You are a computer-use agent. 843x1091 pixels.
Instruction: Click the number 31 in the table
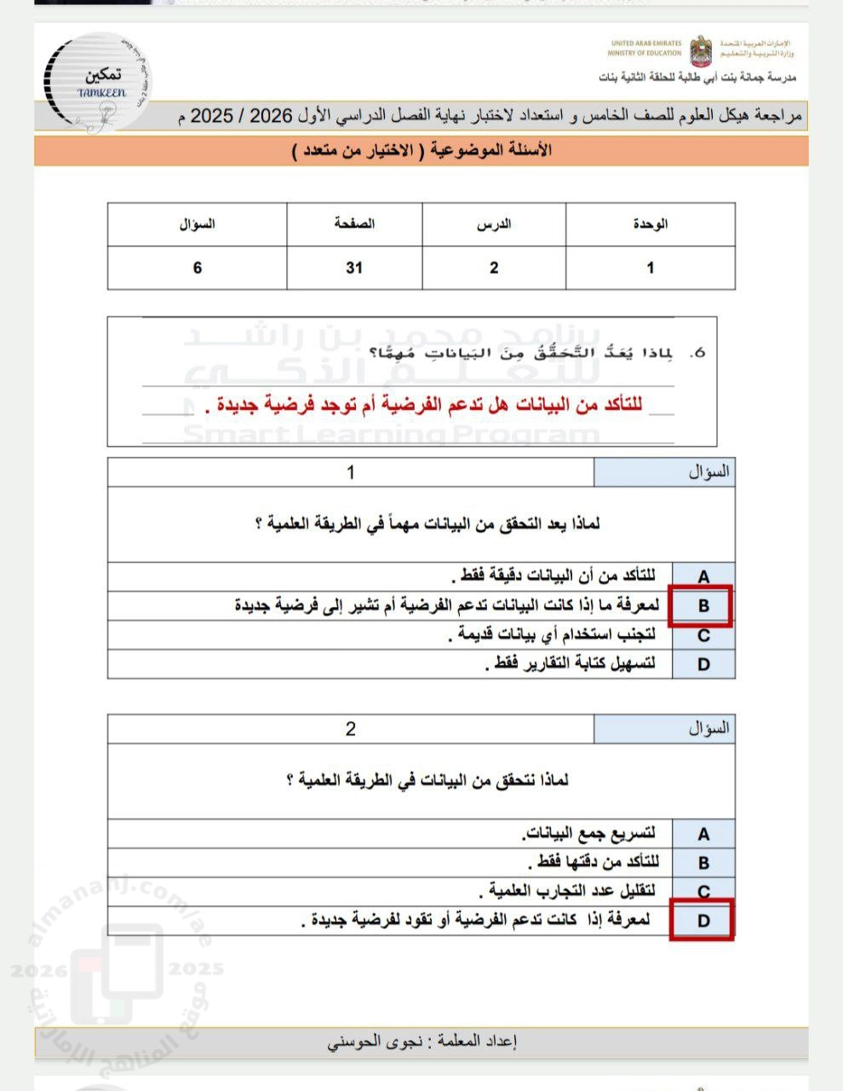point(354,268)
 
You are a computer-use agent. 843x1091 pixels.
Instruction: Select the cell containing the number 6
point(198,268)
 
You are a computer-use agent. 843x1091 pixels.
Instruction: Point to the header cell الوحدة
point(650,224)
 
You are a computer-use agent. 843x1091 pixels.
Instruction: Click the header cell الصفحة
point(354,224)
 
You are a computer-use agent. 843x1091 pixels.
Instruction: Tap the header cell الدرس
point(494,224)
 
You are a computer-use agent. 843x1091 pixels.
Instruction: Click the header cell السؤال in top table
point(198,224)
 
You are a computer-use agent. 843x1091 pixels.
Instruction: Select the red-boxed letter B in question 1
point(703,606)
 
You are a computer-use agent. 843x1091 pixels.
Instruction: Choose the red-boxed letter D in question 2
point(703,921)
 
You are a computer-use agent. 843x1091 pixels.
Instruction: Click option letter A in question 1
point(703,577)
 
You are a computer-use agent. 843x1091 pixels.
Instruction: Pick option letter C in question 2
point(703,892)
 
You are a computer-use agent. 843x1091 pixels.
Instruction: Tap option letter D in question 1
point(703,664)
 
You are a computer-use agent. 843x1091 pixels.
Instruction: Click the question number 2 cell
point(350,729)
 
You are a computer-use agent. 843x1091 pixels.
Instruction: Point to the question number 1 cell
point(350,471)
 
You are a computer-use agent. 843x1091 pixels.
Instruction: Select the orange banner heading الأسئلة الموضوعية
point(421,151)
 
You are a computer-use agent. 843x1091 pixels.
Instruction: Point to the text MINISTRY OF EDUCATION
point(645,53)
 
